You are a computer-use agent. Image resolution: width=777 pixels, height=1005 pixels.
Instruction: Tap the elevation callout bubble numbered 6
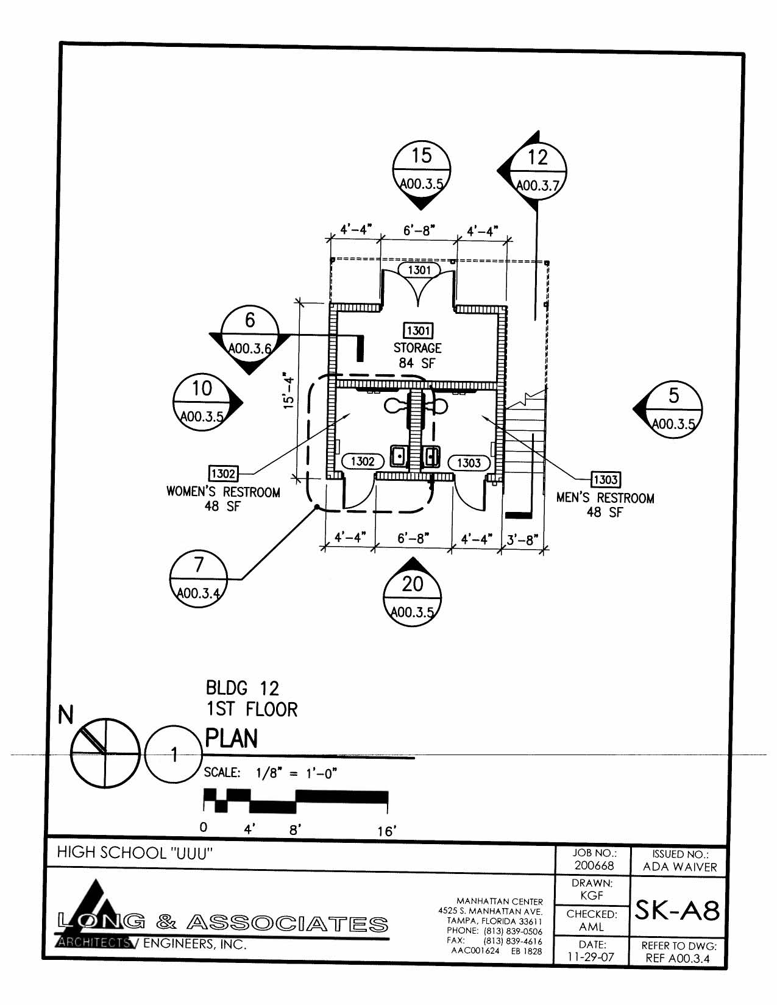pos(250,333)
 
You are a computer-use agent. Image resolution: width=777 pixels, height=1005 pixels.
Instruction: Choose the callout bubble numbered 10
pos(202,402)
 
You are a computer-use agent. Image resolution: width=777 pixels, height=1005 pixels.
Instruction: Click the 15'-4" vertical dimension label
pos(289,393)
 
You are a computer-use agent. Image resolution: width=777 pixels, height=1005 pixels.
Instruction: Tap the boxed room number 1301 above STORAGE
pos(418,330)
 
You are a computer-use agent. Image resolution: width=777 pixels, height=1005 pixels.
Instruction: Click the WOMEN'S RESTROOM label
pos(223,492)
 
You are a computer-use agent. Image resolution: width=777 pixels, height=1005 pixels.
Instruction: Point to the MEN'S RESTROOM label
pos(605,498)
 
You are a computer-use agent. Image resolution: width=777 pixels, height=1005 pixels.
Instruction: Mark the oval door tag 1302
pos(362,461)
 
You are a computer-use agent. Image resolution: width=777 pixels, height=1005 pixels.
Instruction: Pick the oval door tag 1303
pos(469,463)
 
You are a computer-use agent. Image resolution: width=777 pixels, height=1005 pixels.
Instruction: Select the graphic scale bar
pos(296,800)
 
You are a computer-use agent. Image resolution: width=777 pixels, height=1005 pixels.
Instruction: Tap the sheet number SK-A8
pos(678,911)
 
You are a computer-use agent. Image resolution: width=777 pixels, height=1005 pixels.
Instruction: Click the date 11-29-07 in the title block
pos(591,957)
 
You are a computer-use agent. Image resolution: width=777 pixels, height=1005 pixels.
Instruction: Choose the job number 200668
pos(594,865)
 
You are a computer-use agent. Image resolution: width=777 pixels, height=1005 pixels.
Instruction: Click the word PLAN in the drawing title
pos(232,739)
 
